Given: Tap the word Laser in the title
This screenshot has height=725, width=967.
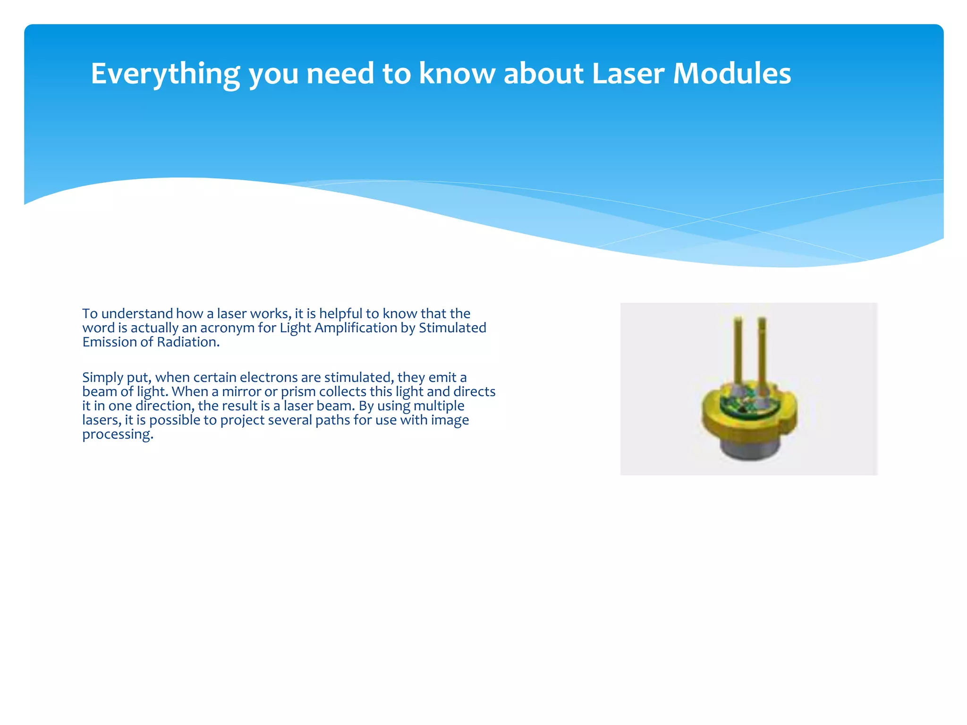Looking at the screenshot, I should (628, 74).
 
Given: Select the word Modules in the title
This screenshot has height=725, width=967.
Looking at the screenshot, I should (732, 74).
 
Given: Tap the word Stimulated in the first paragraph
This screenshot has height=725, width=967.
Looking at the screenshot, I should (452, 328).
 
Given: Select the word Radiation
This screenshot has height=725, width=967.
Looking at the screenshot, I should (188, 342).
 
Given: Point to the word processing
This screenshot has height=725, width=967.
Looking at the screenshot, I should (118, 435).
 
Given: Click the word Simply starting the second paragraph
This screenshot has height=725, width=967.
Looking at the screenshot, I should (102, 378).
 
